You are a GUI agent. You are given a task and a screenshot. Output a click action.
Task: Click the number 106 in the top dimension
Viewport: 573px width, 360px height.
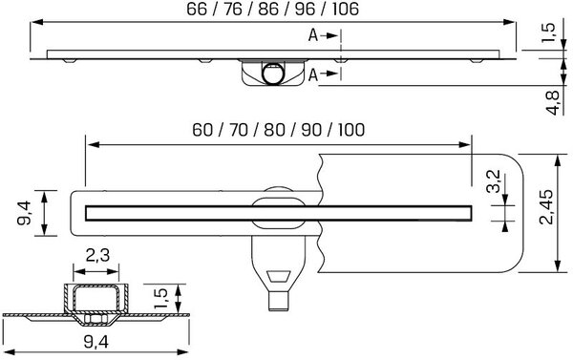(345, 9)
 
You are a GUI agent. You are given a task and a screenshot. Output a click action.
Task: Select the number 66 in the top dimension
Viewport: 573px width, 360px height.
(197, 9)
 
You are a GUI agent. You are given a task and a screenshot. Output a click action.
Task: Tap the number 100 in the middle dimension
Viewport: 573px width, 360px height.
(350, 129)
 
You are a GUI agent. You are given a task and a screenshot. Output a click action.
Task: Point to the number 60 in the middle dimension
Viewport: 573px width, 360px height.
(202, 129)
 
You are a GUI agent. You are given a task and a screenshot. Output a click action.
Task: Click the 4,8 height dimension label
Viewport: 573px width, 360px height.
(552, 102)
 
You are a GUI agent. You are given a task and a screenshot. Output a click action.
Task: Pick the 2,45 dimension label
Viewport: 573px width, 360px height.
(547, 207)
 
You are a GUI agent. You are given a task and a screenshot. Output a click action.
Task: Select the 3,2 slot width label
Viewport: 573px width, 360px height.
(495, 181)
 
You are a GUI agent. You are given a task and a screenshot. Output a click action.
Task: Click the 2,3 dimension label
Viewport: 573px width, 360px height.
(97, 256)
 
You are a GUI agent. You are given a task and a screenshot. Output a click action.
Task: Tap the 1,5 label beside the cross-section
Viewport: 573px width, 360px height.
(161, 298)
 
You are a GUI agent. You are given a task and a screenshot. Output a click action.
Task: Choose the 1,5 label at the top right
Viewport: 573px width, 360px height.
(549, 32)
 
